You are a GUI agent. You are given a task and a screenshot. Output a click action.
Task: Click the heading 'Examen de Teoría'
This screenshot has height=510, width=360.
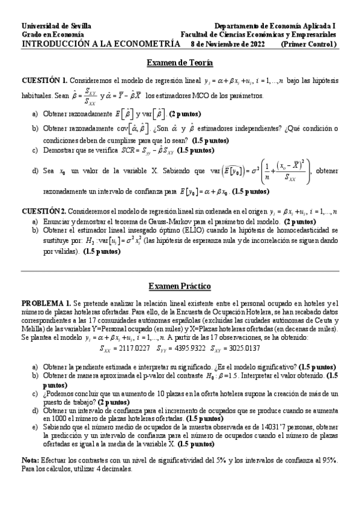point(180,63)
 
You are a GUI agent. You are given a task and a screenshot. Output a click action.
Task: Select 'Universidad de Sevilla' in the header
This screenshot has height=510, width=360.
point(56,26)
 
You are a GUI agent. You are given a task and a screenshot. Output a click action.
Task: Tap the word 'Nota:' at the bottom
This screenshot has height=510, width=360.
point(31,459)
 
